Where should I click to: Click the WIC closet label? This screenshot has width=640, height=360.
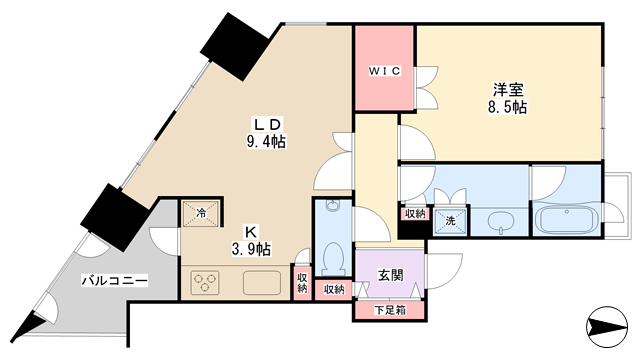click(x=384, y=71)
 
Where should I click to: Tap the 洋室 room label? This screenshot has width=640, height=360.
click(x=508, y=90)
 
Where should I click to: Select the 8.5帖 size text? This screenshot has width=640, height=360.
click(x=507, y=107)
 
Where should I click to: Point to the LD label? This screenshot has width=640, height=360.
click(x=267, y=124)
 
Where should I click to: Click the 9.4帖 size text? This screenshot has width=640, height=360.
click(x=266, y=142)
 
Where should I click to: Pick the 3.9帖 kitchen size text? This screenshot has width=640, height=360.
click(x=251, y=249)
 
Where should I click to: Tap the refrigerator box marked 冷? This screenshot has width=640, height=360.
click(x=201, y=213)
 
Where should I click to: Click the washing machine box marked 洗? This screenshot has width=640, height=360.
click(x=450, y=221)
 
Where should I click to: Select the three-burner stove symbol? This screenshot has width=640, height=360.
click(x=204, y=282)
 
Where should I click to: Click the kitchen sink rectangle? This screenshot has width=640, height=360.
click(x=262, y=283)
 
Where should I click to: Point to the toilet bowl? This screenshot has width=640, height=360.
click(x=334, y=259)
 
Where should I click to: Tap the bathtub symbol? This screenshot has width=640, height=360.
click(x=566, y=220)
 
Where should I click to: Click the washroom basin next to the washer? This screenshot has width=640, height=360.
click(x=500, y=222)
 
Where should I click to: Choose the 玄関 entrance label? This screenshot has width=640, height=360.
click(x=391, y=276)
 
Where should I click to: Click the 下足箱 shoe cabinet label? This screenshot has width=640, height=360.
click(x=390, y=311)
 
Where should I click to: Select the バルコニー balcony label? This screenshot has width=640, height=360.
click(x=115, y=281)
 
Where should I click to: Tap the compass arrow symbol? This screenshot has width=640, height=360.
click(x=607, y=327)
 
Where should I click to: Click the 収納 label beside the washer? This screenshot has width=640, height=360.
click(x=416, y=213)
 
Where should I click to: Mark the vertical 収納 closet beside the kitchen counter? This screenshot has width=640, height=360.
click(x=302, y=282)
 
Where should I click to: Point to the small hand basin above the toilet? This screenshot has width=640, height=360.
click(x=333, y=205)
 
